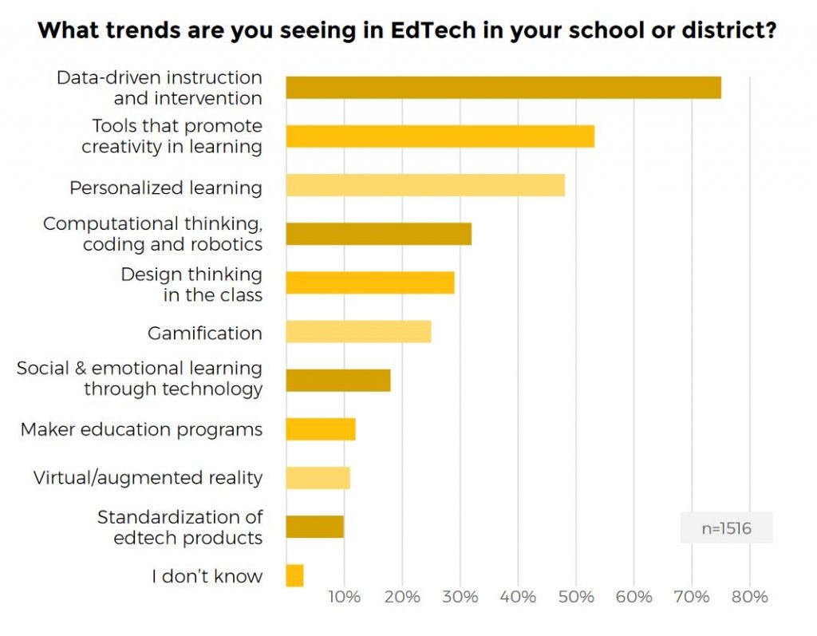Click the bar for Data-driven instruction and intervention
click(503, 88)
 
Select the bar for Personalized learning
click(425, 185)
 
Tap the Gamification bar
click(358, 331)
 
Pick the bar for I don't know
click(294, 575)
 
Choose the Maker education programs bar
click(321, 429)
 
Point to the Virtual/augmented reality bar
click(318, 478)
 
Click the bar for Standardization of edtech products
click(314, 527)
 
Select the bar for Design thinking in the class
click(370, 282)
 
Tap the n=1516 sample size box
click(726, 527)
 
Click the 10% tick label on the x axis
click(344, 597)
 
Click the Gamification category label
click(205, 333)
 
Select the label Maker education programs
click(141, 429)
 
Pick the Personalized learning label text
click(166, 188)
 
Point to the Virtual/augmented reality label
click(148, 478)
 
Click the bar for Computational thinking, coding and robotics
click(378, 234)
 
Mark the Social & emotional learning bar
click(338, 381)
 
